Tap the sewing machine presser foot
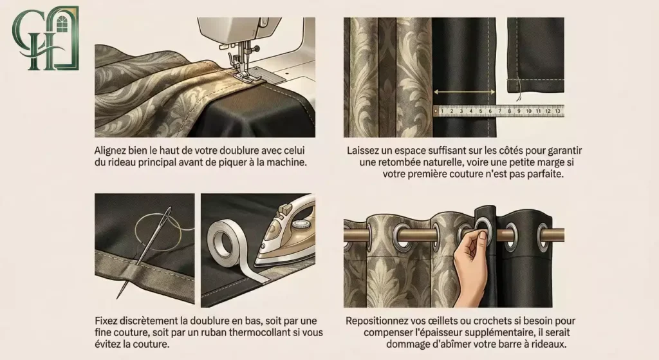tap(242, 71)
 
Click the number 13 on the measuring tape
tap(557, 111)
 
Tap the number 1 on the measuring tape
tap(442, 111)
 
